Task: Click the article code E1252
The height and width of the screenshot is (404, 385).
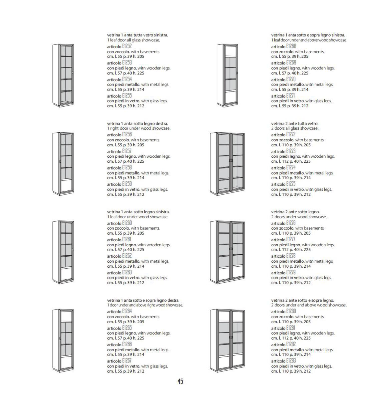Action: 127,46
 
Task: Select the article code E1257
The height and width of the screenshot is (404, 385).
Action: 127,151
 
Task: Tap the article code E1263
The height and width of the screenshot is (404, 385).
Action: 127,272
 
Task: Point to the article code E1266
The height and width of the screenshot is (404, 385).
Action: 127,344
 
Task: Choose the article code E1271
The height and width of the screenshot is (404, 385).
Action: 291,96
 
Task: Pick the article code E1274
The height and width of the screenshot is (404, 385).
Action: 291,168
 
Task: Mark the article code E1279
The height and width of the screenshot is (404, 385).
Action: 291,272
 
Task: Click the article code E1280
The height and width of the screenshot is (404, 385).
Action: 291,311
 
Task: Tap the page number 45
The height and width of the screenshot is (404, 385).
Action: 180,381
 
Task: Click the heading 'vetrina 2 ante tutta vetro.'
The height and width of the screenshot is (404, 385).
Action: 295,124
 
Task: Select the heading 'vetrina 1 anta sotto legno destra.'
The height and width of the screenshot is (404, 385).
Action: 138,124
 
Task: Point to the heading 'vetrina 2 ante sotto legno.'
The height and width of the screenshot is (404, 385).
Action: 295,212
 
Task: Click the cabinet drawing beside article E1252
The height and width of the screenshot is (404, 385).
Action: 63,76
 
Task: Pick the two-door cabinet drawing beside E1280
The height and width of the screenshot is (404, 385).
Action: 227,341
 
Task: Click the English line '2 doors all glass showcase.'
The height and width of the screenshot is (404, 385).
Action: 295,128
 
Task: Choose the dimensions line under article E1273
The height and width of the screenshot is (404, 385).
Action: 291,161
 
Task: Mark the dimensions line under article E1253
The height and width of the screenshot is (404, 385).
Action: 125,73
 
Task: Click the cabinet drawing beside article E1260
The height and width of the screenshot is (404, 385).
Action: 63,252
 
